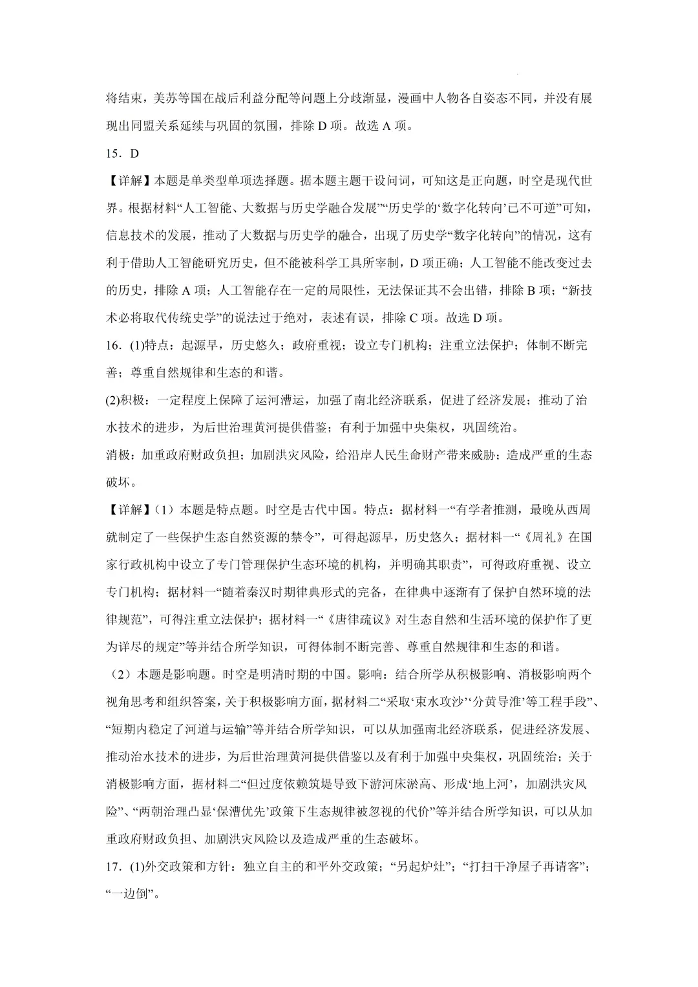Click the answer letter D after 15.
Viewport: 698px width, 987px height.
[134, 153]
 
